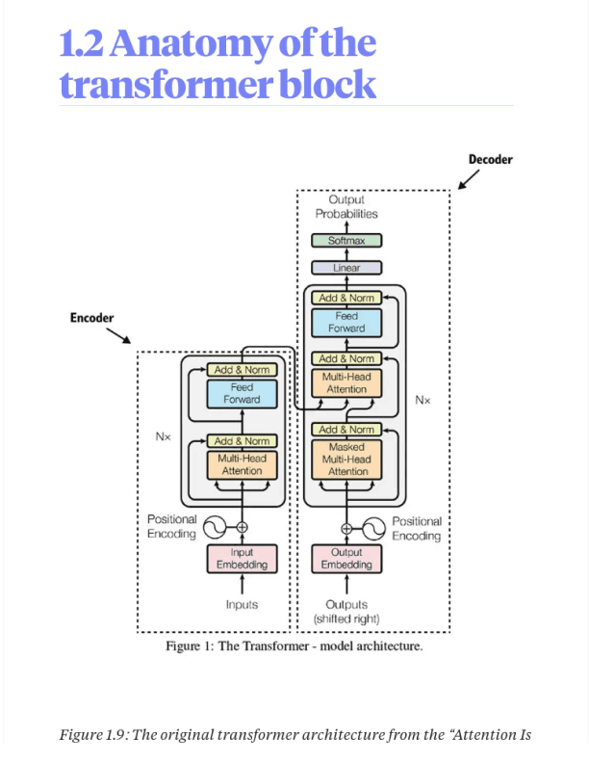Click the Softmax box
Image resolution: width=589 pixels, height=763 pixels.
346,241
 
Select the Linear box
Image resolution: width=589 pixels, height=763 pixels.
346,267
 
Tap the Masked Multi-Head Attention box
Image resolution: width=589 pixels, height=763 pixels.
347,460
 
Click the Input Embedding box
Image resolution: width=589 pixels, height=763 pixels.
242,559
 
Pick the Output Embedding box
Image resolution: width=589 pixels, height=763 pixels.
346,559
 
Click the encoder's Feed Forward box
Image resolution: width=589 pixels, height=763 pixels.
242,393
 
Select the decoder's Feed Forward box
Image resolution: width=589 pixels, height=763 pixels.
346,322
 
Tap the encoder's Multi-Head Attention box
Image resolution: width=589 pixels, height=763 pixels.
242,465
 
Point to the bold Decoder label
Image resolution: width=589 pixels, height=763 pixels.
490,160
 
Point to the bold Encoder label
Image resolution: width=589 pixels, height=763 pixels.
92,318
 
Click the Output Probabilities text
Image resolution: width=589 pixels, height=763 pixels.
346,207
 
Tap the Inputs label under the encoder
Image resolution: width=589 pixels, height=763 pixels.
242,604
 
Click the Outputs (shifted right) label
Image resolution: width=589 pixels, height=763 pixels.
346,611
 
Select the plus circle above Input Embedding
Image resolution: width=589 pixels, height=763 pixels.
242,527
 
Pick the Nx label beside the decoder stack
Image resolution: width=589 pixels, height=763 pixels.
423,398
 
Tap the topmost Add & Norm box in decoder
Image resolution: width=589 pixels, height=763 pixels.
346,298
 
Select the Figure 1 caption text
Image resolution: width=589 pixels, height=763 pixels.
294,645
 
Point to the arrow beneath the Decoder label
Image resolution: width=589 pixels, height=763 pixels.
469,180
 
